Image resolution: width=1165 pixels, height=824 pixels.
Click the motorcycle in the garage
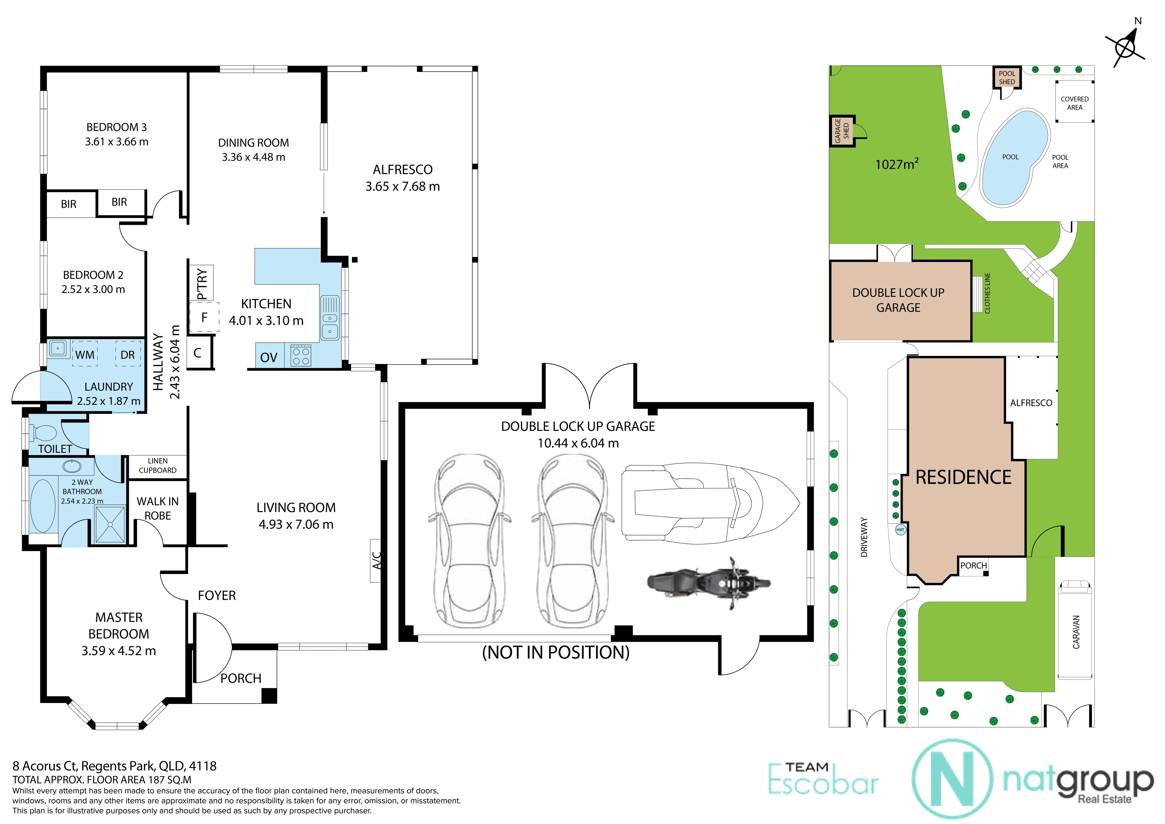(709, 583)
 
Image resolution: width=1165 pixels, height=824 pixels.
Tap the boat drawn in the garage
(710, 503)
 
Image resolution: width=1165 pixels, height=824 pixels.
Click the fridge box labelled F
(204, 317)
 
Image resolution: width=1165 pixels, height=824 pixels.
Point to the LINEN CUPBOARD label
(158, 466)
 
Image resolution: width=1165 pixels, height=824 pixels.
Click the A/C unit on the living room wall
(376, 561)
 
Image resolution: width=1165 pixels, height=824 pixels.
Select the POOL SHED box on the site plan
(1007, 78)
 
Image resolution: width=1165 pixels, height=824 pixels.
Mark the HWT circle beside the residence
(900, 530)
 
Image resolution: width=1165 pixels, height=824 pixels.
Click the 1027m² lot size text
(897, 164)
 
